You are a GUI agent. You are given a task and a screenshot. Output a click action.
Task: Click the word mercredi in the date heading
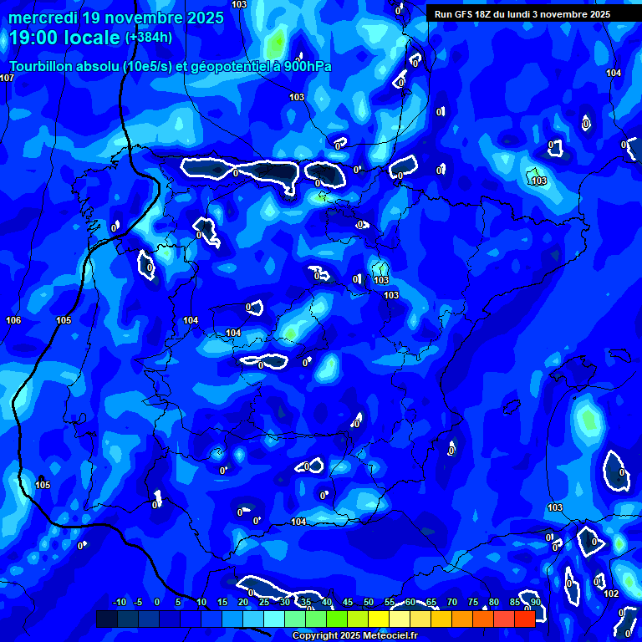[x=43, y=18]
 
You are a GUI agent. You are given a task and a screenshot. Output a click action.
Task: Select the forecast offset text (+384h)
[x=149, y=37]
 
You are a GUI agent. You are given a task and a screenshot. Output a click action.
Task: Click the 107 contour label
[x=8, y=78]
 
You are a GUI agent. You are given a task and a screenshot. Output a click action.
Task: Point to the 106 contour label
[x=13, y=320]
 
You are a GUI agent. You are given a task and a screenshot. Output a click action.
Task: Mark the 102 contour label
[x=611, y=594]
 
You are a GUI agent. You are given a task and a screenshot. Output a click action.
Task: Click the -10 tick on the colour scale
[x=119, y=603]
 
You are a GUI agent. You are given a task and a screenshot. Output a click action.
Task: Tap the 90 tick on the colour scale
[x=535, y=603]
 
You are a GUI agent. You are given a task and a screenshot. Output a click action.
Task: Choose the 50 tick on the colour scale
[x=369, y=603]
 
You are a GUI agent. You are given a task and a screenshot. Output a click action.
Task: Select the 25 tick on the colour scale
[x=264, y=603]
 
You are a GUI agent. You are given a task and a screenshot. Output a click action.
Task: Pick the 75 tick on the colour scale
[x=473, y=603]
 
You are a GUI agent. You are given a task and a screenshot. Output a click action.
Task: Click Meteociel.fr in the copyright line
[x=390, y=635]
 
